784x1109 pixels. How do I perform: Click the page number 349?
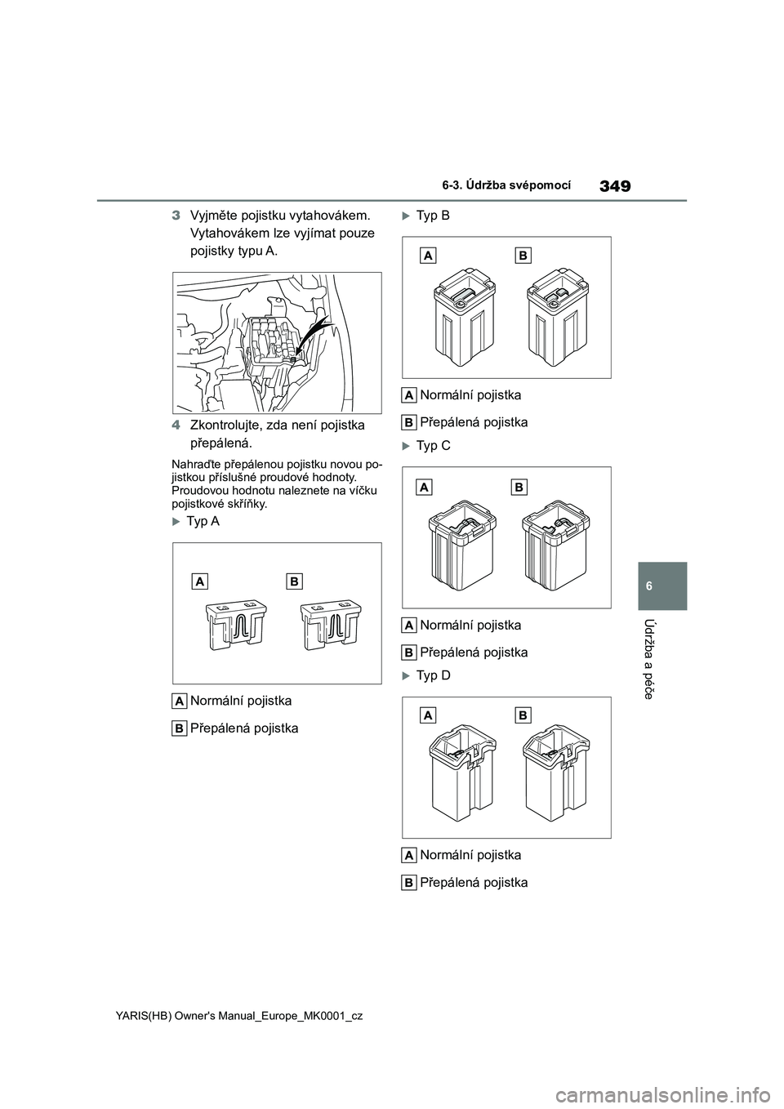(x=614, y=187)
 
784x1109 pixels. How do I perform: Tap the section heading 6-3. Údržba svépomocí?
(x=505, y=185)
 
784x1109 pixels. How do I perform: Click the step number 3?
(x=176, y=216)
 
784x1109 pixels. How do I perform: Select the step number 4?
(x=176, y=425)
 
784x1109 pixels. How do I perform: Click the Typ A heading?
(x=203, y=521)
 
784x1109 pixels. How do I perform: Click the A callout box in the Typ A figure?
(x=200, y=581)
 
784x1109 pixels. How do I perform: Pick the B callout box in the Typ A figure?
(x=293, y=581)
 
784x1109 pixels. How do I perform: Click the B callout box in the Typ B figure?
(x=523, y=256)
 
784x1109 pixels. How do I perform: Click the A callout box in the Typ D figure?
(x=429, y=715)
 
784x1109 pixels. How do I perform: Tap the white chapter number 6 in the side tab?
(x=662, y=586)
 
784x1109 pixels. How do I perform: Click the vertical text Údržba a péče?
(x=663, y=658)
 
